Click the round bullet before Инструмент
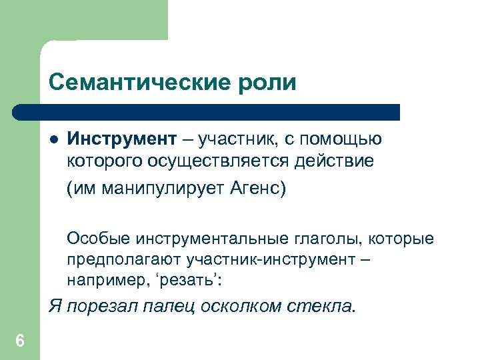(54, 140)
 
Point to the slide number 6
(19, 342)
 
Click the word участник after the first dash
(237, 139)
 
